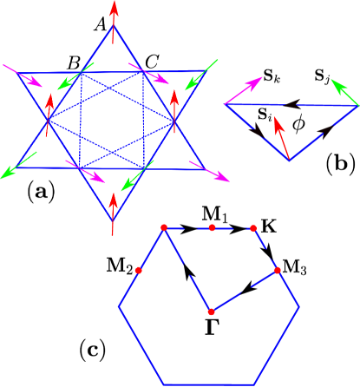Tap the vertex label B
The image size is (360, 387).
click(x=74, y=62)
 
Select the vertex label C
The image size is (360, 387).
click(x=152, y=62)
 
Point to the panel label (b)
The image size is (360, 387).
click(x=337, y=161)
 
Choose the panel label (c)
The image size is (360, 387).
click(x=92, y=349)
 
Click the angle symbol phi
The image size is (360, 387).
click(x=298, y=123)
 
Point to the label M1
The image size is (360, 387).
click(x=213, y=213)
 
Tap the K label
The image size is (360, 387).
click(x=269, y=226)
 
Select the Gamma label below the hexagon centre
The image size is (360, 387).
click(x=211, y=326)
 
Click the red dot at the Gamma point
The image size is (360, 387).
click(x=211, y=312)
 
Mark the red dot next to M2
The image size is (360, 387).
click(x=139, y=271)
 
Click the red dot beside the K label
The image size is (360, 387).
click(x=253, y=228)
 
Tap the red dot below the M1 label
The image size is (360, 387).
click(x=212, y=227)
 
